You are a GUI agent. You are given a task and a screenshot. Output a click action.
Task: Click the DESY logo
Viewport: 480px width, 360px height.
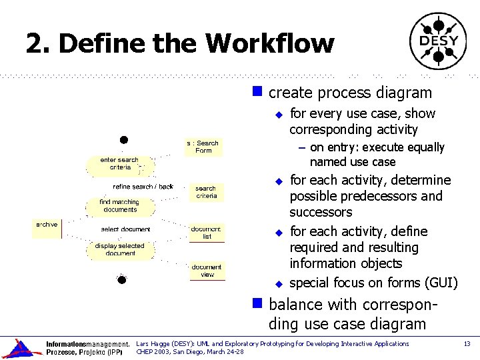(x=438, y=41)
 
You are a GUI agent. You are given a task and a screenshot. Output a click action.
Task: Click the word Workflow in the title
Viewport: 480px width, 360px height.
(x=269, y=44)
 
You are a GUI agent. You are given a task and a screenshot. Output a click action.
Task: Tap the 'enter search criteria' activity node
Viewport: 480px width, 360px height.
(x=119, y=164)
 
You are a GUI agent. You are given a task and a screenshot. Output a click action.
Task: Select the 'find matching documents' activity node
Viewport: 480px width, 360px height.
(x=119, y=206)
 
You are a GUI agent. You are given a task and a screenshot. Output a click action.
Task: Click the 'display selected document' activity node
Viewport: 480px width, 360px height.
(x=120, y=249)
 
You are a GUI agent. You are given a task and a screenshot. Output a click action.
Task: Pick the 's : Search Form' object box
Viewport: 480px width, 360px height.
(x=203, y=147)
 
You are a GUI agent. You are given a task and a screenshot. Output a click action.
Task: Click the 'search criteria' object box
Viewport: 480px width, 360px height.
(x=206, y=192)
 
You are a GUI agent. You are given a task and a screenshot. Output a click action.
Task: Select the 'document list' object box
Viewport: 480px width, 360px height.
(x=206, y=233)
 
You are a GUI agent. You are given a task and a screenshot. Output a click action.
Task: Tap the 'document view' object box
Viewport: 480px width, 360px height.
(x=207, y=271)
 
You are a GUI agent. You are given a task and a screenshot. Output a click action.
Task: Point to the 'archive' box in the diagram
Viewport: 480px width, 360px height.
(x=47, y=225)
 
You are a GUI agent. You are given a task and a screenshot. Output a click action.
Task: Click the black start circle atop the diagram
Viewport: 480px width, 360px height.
(x=123, y=140)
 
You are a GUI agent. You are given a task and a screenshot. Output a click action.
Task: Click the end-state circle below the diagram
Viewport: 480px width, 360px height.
(x=121, y=279)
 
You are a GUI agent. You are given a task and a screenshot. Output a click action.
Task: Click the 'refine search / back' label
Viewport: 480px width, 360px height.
(x=143, y=187)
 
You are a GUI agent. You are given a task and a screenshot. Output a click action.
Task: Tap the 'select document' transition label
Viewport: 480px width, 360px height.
(x=125, y=229)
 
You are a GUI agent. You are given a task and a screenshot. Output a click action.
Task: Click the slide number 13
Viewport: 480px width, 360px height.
(x=467, y=344)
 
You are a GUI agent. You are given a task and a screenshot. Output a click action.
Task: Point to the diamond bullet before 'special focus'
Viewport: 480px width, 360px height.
(x=279, y=283)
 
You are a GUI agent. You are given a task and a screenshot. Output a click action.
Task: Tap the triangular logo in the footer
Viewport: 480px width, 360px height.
(x=19, y=348)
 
